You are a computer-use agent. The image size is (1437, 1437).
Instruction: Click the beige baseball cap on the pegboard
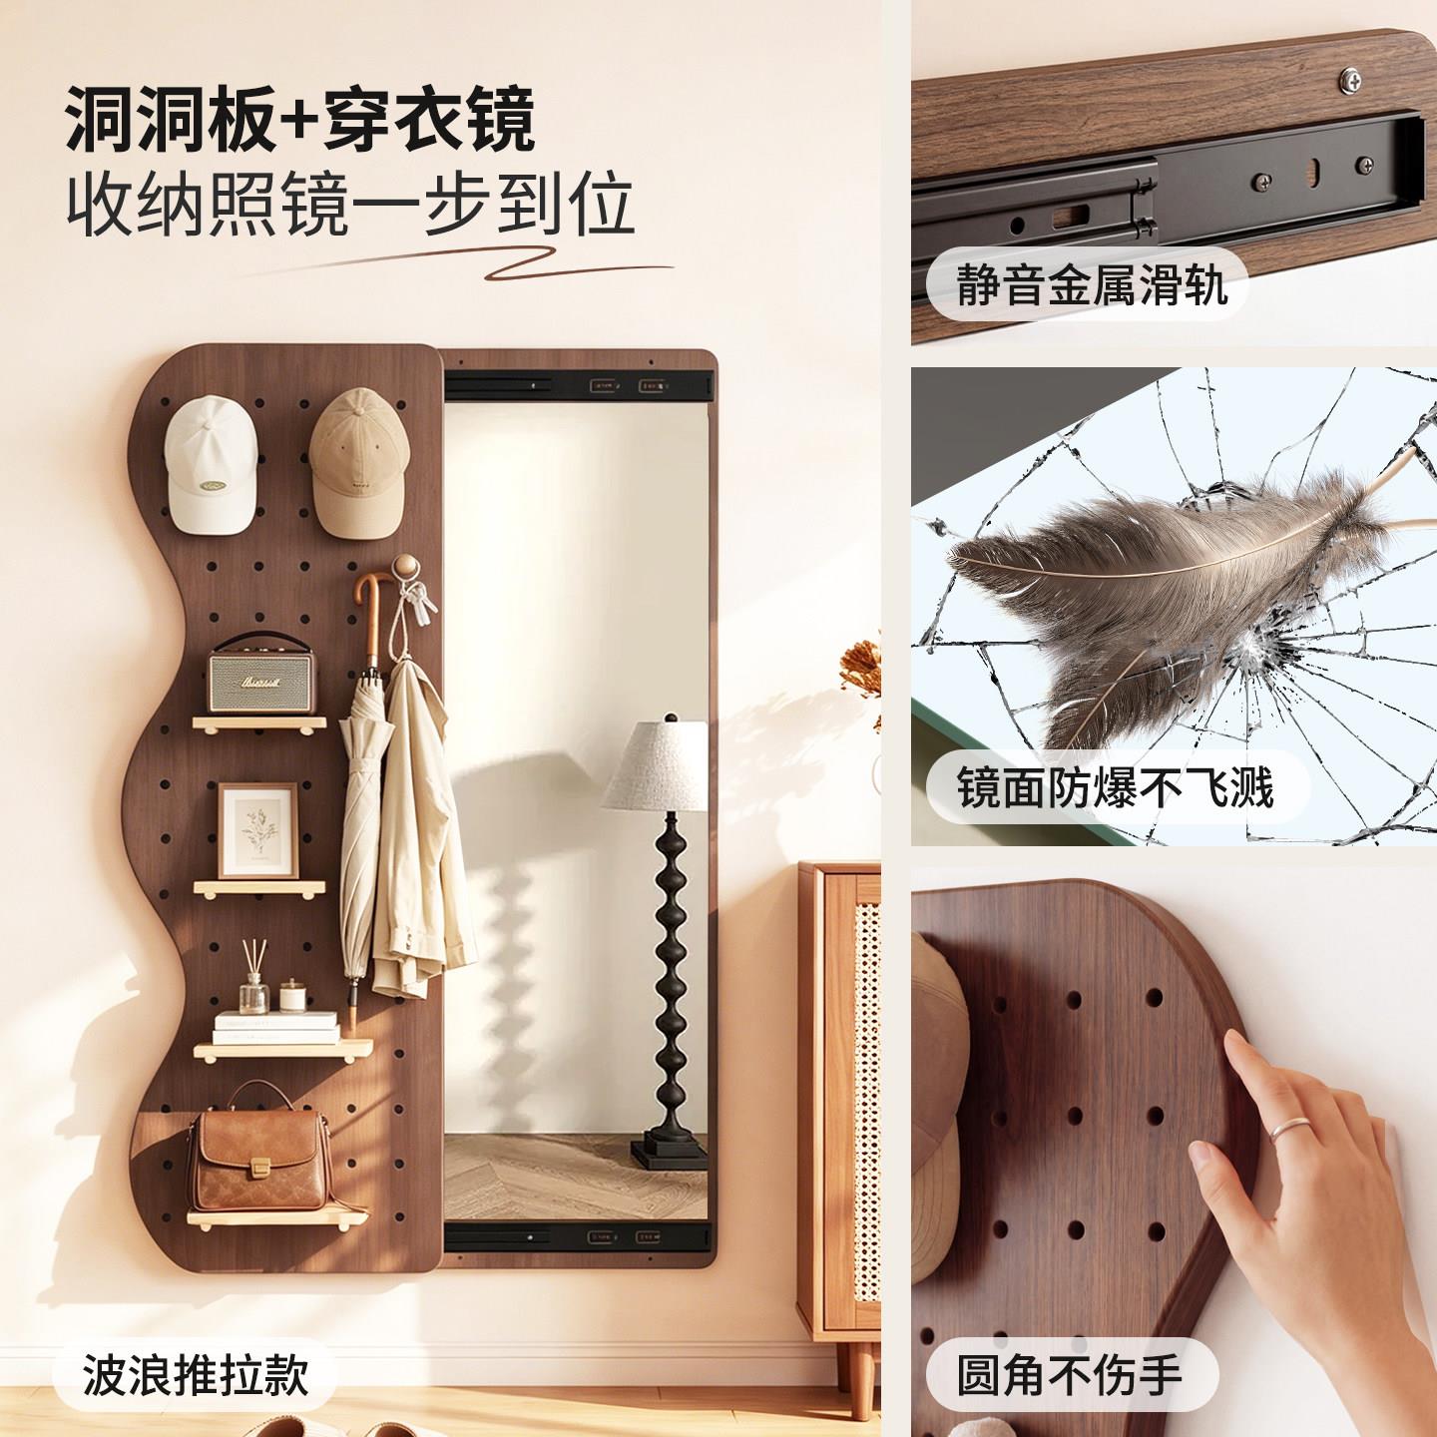360,462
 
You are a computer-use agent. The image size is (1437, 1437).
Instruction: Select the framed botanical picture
258,830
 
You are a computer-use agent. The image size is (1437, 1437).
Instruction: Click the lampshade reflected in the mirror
655,765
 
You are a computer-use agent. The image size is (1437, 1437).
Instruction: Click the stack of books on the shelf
275,1027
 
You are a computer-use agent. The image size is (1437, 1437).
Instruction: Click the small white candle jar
292,996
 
